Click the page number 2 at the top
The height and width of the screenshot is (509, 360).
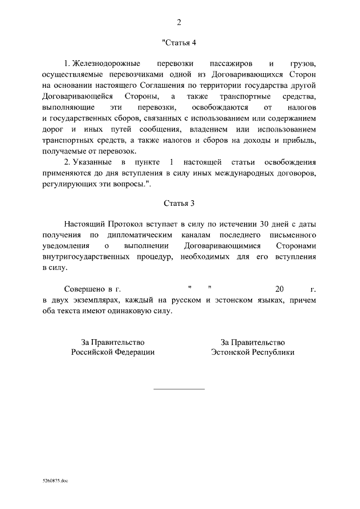[179, 22]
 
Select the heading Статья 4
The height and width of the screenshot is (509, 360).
[179, 43]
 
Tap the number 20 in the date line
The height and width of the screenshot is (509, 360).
[280, 289]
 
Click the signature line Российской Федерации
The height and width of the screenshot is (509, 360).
[112, 352]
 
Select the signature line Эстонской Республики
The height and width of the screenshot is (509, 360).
[253, 352]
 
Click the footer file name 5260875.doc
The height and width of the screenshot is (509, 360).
[55, 482]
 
